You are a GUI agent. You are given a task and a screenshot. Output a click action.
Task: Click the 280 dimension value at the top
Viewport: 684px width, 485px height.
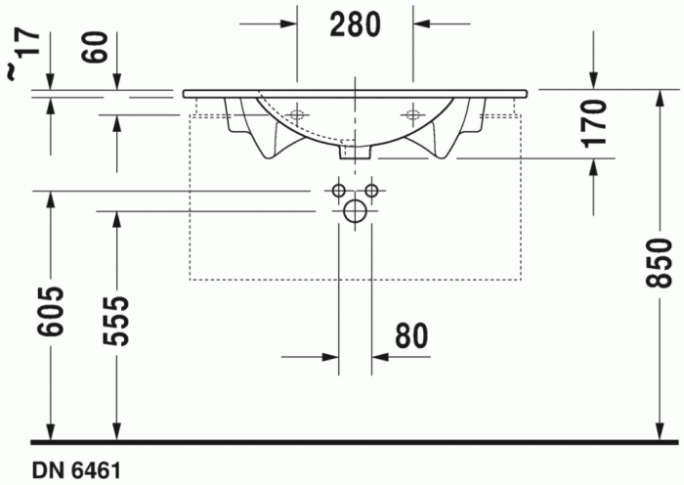[354, 24]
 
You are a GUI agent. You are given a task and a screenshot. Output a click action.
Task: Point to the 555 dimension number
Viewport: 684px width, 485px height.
[117, 320]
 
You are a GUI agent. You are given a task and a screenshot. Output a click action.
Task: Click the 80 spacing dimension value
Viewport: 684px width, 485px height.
[411, 335]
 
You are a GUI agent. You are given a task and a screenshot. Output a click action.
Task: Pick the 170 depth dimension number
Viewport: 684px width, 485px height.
[596, 122]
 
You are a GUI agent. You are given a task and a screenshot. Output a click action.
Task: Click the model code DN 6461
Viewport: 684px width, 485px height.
[76, 471]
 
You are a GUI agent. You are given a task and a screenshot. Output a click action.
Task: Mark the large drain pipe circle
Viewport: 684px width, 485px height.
[355, 210]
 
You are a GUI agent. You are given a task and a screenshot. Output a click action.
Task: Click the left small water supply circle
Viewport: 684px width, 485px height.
[338, 189]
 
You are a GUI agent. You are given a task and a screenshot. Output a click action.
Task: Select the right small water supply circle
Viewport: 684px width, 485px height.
[371, 189]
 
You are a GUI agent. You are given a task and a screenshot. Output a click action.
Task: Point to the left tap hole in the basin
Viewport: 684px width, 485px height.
[297, 113]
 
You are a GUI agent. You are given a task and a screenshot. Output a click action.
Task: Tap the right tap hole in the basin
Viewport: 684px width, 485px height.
[411, 113]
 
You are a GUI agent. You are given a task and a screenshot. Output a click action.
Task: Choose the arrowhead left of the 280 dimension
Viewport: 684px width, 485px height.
[288, 22]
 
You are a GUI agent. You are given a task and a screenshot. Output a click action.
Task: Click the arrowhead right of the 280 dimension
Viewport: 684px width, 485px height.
[421, 22]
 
